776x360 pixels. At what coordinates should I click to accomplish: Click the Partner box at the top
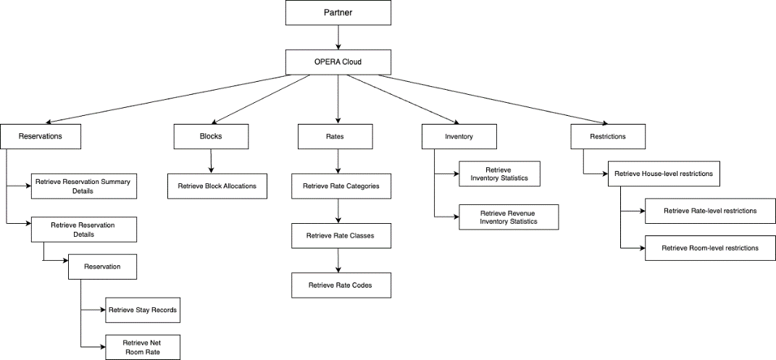(338, 13)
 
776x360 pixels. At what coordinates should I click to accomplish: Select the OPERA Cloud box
(338, 62)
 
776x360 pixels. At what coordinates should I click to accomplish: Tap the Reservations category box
(40, 136)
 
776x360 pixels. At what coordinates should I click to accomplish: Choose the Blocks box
(211, 136)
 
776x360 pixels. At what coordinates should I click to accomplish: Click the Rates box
(335, 136)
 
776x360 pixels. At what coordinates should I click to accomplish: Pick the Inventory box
(459, 136)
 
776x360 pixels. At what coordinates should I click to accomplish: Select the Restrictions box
(608, 136)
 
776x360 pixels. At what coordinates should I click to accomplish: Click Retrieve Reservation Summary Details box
(83, 186)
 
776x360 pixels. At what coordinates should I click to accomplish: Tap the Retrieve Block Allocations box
(217, 186)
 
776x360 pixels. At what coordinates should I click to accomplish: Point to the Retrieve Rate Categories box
(341, 186)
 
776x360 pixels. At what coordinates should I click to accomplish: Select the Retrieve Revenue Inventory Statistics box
(509, 217)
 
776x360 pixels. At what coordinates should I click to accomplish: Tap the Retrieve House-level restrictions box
(663, 174)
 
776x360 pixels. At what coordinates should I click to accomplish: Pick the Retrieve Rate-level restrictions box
(710, 211)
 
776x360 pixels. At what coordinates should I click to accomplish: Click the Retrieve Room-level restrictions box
(710, 248)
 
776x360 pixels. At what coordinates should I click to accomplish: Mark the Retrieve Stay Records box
(142, 310)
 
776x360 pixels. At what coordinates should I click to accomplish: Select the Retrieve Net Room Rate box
(142, 347)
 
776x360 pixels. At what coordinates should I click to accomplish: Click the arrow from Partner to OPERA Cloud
(338, 38)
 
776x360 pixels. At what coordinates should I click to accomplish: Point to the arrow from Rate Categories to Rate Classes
(338, 211)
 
